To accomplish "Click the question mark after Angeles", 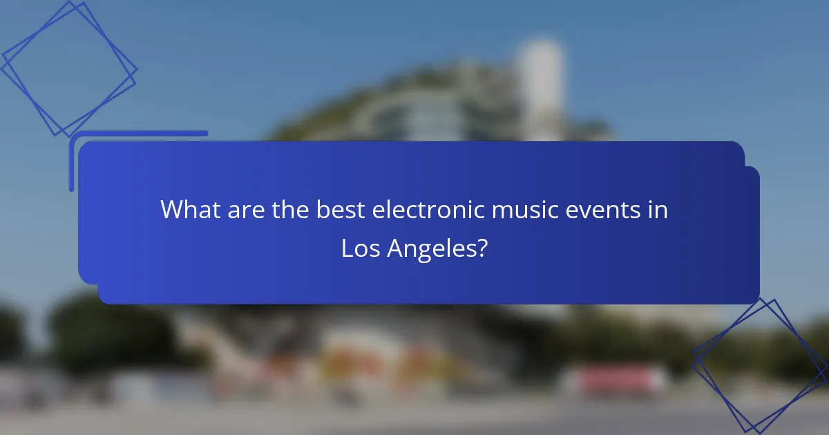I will click(482, 249).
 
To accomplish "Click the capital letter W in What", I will click(171, 210).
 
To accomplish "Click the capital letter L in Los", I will click(347, 249).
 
